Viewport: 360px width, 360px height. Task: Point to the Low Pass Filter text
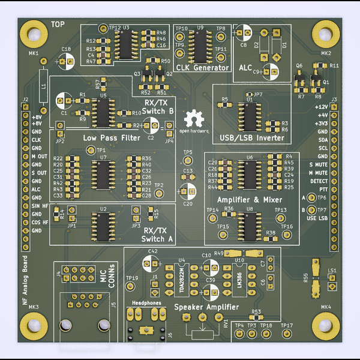[111, 138]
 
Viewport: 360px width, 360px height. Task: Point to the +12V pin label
[321, 106]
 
